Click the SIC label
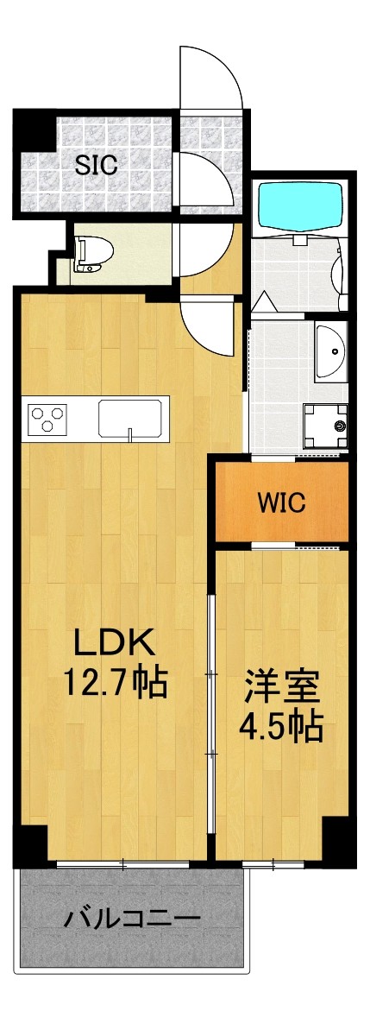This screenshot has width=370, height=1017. (95, 165)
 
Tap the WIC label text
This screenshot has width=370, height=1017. (281, 502)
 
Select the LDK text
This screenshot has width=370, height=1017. (113, 642)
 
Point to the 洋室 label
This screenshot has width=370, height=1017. (282, 688)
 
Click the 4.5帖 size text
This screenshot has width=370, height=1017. (282, 727)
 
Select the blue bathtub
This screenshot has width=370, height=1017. (301, 205)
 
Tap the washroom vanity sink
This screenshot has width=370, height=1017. (330, 351)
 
